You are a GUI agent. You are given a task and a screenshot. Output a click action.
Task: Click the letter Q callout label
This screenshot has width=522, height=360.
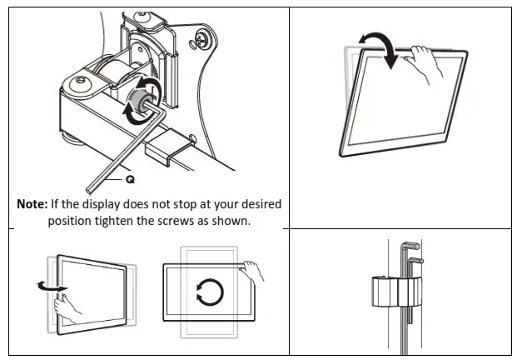coord(130,178)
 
